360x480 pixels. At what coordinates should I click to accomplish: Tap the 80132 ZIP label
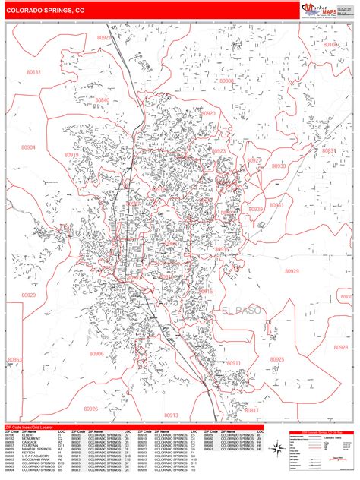click(34, 72)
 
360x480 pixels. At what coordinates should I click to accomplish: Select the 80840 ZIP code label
click(103, 100)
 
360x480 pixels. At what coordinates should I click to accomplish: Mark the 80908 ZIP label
click(226, 81)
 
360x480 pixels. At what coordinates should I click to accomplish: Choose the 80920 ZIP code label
click(208, 113)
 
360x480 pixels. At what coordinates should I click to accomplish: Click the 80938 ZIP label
click(279, 166)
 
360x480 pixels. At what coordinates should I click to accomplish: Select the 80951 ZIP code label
click(276, 205)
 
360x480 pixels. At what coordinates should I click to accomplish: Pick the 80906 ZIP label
click(96, 353)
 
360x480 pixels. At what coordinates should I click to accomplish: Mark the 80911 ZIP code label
click(233, 364)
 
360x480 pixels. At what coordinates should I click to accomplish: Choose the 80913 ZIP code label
click(170, 415)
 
